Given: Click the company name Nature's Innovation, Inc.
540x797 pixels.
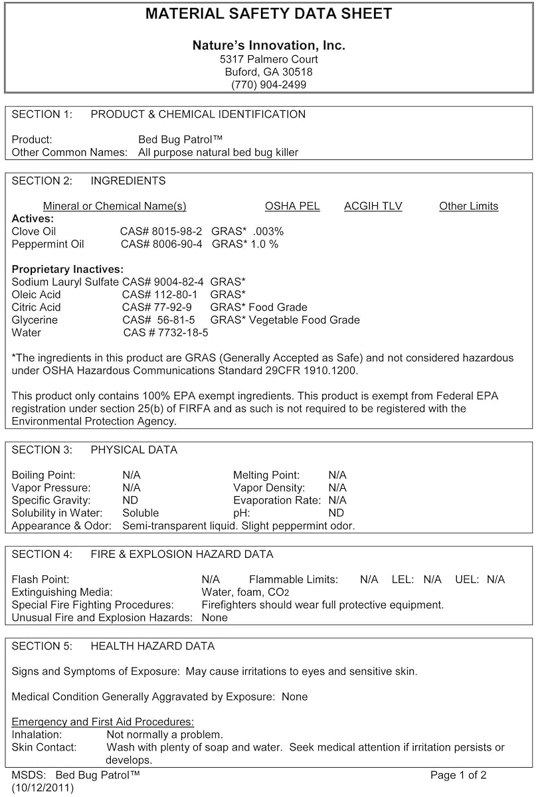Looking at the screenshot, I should [x=269, y=45].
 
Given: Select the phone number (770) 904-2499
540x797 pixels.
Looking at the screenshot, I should [x=269, y=84].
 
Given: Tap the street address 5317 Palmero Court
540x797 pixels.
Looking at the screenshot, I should [x=269, y=58].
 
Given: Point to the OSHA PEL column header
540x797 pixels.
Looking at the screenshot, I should [x=292, y=207].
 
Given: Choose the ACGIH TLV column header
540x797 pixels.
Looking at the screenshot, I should [x=373, y=207].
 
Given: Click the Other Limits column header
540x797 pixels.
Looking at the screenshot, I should [x=468, y=207].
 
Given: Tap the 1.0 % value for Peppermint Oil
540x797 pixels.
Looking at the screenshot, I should [x=264, y=244].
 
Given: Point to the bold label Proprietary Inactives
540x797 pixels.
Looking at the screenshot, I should [x=68, y=269].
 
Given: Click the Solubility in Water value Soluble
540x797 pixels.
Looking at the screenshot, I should [x=140, y=513].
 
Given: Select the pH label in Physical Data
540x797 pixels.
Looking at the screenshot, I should [x=241, y=513].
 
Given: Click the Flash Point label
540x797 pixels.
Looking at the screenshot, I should [x=41, y=579].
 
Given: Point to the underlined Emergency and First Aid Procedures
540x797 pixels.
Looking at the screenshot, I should [x=103, y=722].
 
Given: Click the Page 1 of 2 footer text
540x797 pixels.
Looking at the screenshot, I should [x=458, y=774].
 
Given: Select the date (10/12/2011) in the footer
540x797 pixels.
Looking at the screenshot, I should [x=43, y=788].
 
